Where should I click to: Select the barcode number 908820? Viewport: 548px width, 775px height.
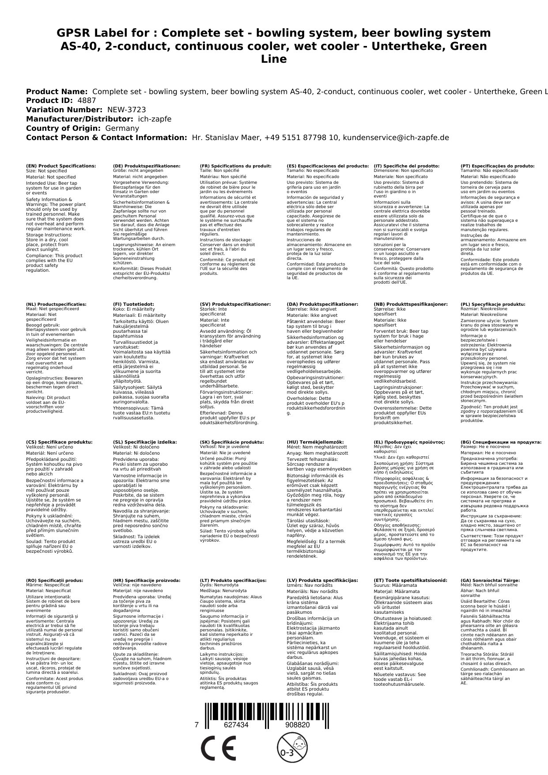(297, 725)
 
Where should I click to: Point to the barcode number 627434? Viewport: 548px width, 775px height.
(236, 725)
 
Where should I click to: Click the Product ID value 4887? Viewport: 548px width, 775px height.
(87, 101)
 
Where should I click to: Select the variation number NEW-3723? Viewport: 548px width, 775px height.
(126, 110)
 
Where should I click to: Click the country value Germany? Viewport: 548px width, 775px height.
(122, 129)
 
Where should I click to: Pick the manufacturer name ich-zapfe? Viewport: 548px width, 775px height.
(154, 119)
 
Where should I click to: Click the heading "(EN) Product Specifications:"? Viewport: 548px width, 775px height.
(61, 166)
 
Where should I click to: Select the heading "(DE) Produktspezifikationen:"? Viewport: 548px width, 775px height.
(147, 166)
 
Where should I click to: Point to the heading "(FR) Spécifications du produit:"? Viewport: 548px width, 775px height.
(235, 166)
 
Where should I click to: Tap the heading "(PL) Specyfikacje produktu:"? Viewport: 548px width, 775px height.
(493, 304)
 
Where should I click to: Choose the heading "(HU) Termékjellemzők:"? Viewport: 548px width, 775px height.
(315, 442)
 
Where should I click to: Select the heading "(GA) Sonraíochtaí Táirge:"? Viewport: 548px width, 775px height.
(490, 581)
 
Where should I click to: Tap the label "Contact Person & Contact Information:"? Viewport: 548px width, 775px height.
(106, 138)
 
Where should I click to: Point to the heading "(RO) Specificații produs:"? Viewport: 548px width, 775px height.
(54, 581)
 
